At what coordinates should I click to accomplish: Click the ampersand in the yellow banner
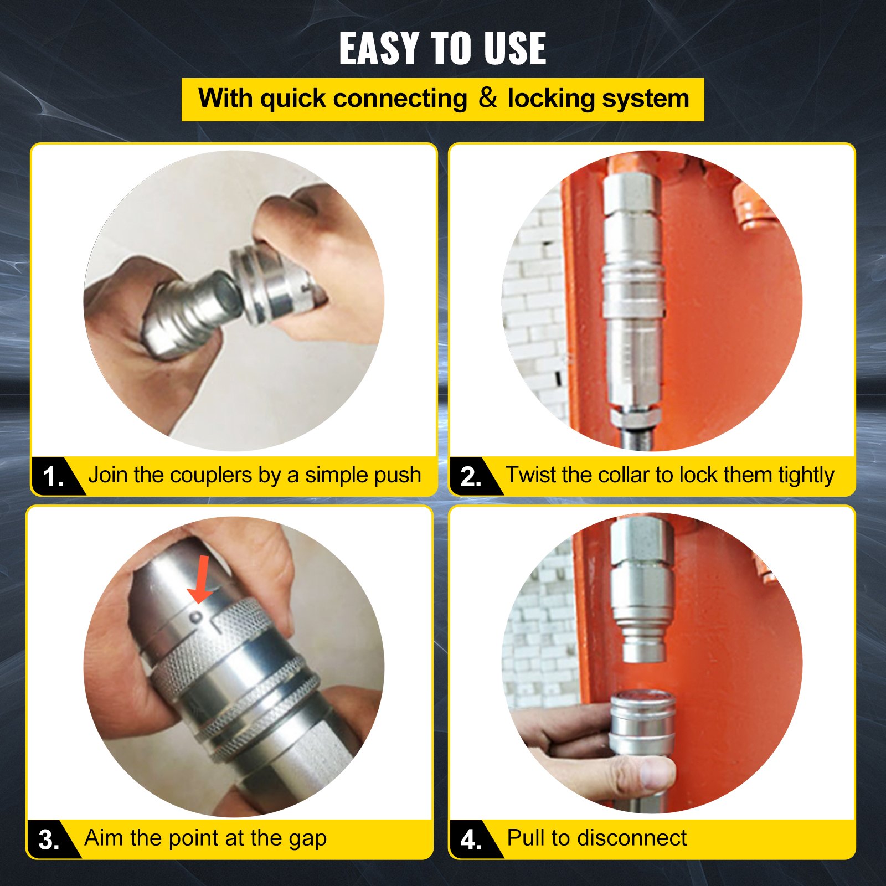click(x=487, y=98)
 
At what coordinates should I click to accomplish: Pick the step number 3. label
click(x=49, y=840)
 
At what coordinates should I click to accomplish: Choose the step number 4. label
click(x=471, y=840)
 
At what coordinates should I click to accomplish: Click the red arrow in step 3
click(x=201, y=579)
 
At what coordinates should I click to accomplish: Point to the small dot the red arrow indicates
click(x=195, y=616)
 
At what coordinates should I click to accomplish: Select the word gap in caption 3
click(x=308, y=838)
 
